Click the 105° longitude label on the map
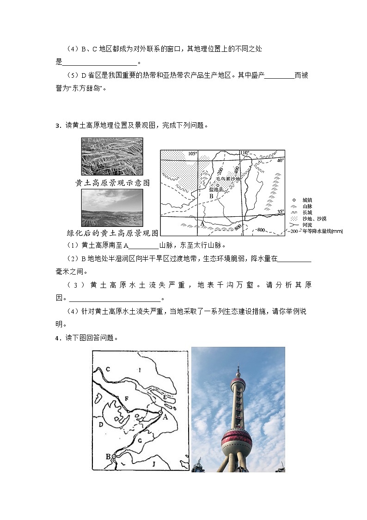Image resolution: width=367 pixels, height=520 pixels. [x=192, y=154]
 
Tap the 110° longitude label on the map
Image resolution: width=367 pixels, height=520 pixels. [x=245, y=153]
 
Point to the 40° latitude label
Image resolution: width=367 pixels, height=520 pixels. [x=280, y=160]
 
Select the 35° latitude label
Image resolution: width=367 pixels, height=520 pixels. [x=280, y=212]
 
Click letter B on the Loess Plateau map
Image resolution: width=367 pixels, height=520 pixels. [x=210, y=196]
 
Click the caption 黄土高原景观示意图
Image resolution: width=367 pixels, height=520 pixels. [x=112, y=183]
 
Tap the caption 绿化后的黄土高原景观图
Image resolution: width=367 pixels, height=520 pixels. [x=113, y=233]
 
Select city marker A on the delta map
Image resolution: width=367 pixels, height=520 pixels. [x=160, y=412]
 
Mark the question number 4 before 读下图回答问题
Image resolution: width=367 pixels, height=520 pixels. [x=57, y=338]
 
